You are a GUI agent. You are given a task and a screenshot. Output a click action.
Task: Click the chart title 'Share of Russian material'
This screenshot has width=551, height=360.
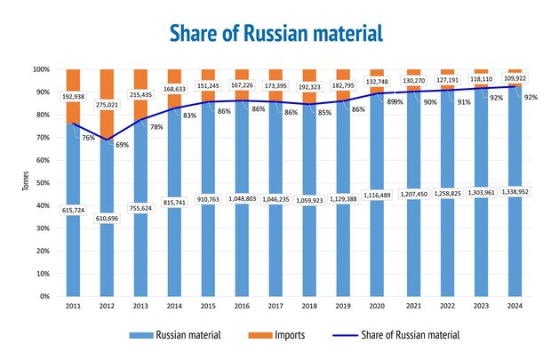275,33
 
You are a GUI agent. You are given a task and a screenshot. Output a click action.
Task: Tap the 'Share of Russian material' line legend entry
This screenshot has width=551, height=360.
409,335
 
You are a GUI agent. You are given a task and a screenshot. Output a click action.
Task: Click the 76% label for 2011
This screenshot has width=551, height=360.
89,138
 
